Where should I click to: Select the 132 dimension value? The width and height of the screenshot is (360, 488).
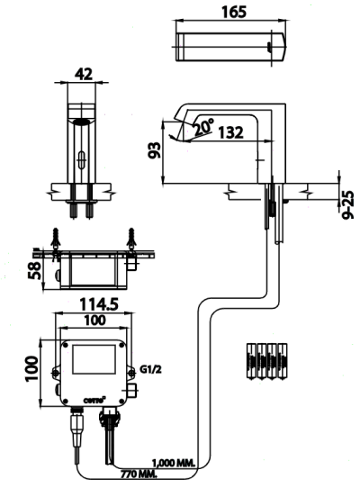[x=230, y=133]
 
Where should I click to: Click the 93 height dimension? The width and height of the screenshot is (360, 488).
[x=156, y=148]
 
